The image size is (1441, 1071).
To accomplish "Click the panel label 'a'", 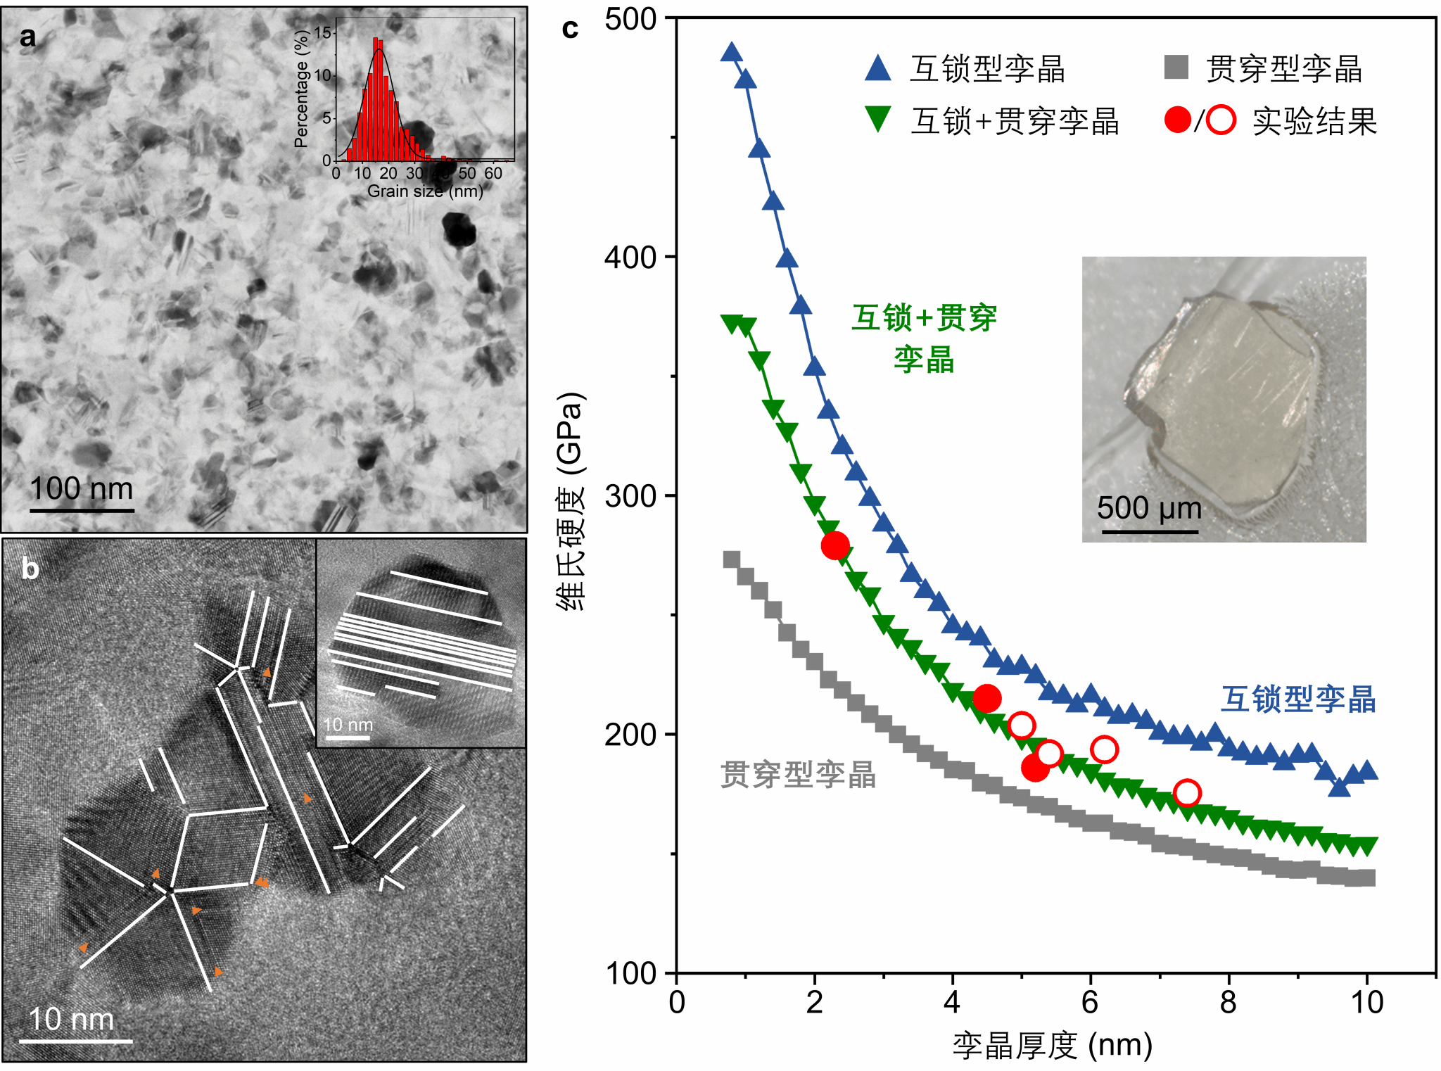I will pos(27,37).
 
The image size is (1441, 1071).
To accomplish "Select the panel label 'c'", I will pos(570,29).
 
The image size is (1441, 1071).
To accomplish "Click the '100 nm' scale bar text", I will pos(81,488).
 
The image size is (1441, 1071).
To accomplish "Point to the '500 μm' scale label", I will pos(1149,508).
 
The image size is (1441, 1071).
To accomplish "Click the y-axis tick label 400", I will pos(630,258).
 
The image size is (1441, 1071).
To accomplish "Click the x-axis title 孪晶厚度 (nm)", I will pos(1052,1045).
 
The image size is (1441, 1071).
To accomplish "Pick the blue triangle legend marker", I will pos(878,68).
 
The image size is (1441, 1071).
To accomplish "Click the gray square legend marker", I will pos(1176,68).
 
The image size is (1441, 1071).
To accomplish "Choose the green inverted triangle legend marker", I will pos(878,119).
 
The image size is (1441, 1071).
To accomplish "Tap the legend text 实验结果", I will pos(1314,121).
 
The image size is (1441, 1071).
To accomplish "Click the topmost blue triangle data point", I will pos(732,52).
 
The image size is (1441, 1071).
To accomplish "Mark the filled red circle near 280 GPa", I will pos(835,545).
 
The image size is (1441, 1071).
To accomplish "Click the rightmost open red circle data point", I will pos(1187,793).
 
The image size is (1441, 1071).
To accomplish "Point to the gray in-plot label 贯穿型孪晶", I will pos(798,775).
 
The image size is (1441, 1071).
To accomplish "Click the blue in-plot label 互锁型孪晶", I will pos(1298,699).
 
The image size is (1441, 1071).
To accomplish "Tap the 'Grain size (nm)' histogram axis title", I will pos(425,191).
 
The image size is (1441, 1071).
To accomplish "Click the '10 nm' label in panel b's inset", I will pos(348,724).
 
